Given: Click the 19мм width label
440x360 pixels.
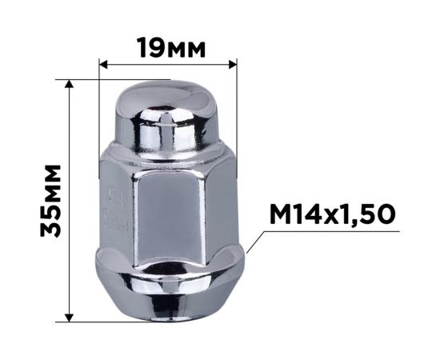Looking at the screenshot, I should pos(170,47).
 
